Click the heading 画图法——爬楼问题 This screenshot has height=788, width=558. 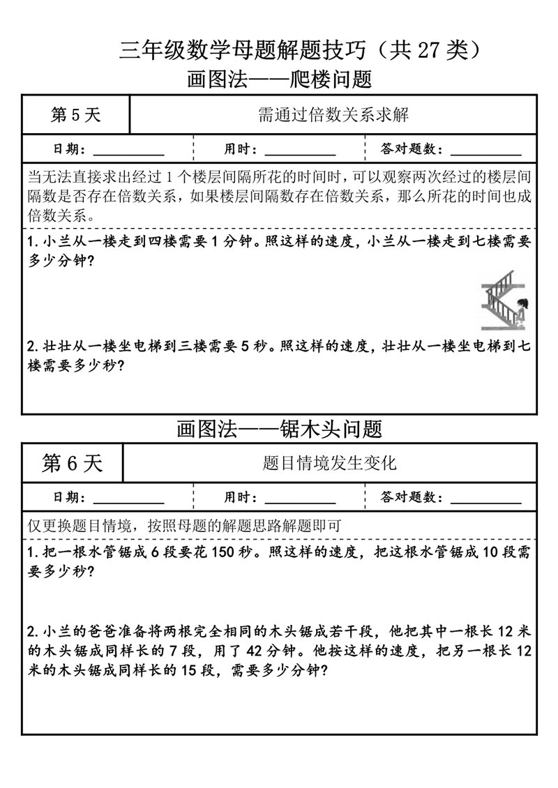(279, 79)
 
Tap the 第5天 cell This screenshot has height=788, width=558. (76, 115)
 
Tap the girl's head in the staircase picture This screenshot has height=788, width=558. (521, 305)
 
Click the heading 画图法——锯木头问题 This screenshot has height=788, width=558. (279, 428)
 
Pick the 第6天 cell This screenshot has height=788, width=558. (73, 463)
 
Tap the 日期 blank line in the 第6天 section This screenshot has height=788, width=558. (128, 500)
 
